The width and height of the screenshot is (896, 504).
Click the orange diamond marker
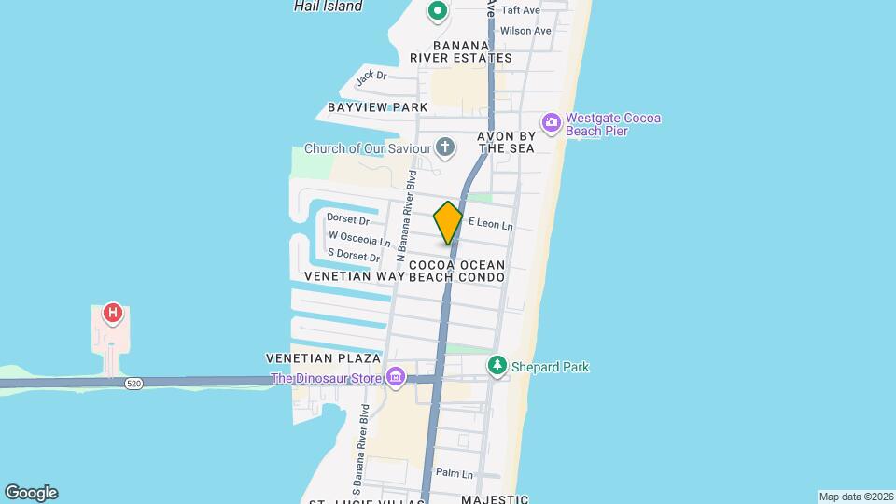(x=448, y=223)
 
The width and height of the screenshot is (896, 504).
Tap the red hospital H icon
(x=113, y=313)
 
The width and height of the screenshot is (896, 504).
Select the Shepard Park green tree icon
(x=497, y=366)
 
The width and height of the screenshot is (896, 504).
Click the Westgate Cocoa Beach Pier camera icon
(x=551, y=122)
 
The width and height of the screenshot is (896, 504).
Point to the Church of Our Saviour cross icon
(x=445, y=147)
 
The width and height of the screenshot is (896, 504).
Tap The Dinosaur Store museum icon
(x=396, y=377)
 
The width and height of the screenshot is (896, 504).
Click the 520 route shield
(x=133, y=384)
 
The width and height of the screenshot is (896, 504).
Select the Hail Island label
(x=328, y=7)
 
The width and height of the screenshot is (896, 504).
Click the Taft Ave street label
(x=521, y=10)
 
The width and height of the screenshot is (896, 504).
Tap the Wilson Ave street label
(x=525, y=31)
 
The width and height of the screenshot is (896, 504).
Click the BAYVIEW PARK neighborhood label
(x=377, y=108)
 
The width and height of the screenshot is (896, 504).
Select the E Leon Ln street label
(x=490, y=224)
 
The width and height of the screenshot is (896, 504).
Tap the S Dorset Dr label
(x=354, y=257)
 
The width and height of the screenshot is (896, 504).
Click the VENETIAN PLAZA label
(x=323, y=358)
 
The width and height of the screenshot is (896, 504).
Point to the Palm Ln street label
(x=455, y=473)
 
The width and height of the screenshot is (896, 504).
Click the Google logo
(x=31, y=493)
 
